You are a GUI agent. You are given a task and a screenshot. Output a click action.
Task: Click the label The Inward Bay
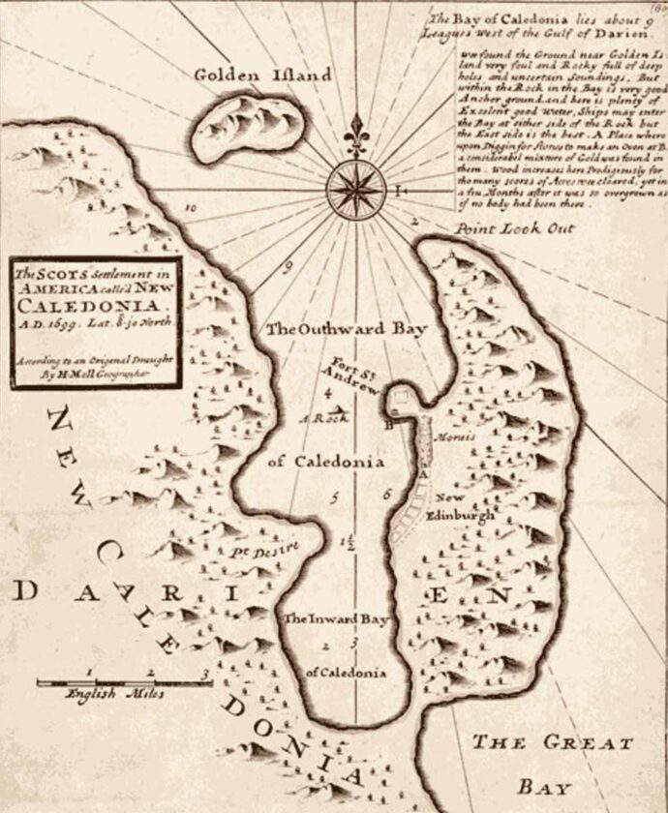pos(333,618)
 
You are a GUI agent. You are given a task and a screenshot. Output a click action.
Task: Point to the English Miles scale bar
pos(124,681)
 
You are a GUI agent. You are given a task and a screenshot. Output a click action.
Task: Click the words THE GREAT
pos(552,743)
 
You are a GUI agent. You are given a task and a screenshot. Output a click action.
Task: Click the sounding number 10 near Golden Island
pos(191,207)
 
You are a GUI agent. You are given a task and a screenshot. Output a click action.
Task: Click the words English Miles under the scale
pos(114,693)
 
